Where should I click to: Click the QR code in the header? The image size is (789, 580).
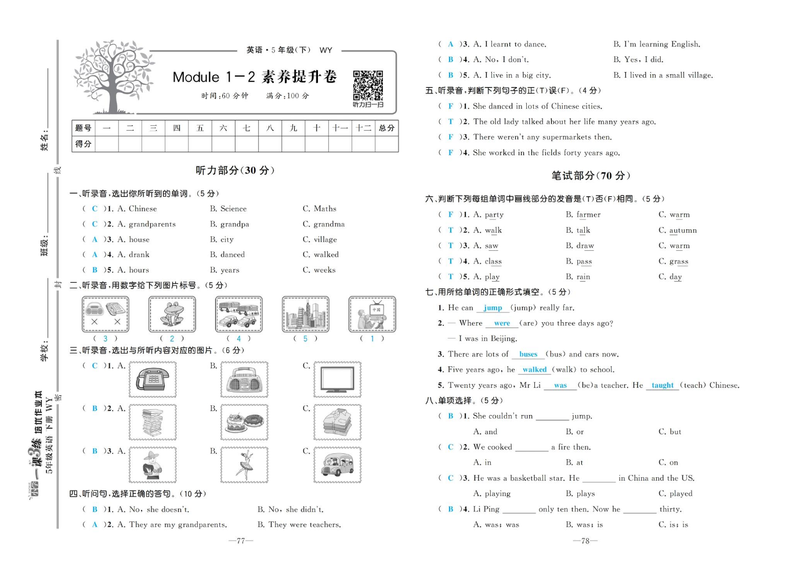(x=368, y=85)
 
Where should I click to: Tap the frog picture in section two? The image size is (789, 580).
(x=172, y=314)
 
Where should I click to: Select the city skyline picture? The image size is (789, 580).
(x=305, y=314)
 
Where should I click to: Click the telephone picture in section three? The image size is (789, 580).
(x=153, y=380)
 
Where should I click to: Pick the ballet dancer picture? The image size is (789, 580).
(x=244, y=465)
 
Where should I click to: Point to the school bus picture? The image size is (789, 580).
(x=337, y=465)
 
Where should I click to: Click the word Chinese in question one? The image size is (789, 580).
(x=143, y=209)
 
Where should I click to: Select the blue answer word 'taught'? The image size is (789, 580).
(x=663, y=386)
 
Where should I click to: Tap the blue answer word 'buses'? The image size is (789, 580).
(x=528, y=354)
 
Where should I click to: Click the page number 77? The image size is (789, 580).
(x=241, y=541)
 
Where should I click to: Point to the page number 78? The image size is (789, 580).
(x=585, y=541)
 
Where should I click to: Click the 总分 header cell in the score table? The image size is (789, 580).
(x=386, y=128)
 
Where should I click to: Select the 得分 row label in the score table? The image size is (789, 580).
(x=83, y=144)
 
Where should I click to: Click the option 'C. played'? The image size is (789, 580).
(x=675, y=494)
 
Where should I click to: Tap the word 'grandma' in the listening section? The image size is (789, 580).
(x=328, y=224)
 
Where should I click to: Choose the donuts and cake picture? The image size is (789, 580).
(x=244, y=422)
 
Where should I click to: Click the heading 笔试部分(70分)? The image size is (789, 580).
(x=591, y=176)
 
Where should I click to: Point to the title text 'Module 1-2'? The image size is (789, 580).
(x=213, y=77)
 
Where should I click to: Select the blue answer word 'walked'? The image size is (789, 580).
(x=534, y=370)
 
